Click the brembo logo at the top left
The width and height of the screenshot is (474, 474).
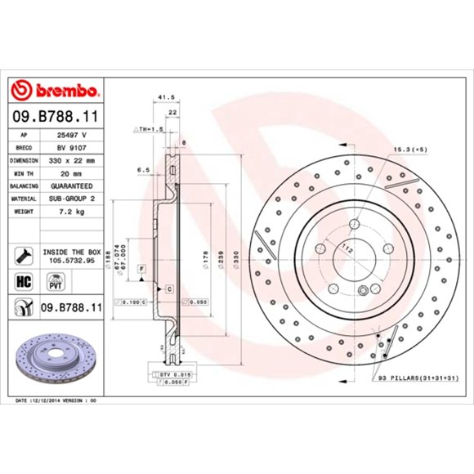pyautogui.click(x=55, y=88)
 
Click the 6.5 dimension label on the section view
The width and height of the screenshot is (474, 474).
pyautogui.click(x=143, y=171)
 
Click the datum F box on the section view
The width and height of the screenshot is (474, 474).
pyautogui.click(x=141, y=268)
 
